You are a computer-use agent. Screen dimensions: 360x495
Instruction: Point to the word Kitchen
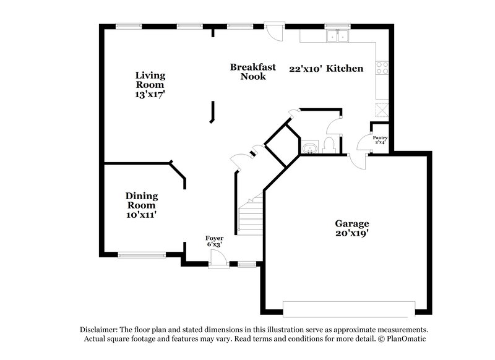(345, 69)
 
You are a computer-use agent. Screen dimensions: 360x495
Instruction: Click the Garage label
(352, 223)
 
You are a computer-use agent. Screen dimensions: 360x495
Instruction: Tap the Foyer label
(215, 238)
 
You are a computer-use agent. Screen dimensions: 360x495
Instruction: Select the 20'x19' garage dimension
(352, 233)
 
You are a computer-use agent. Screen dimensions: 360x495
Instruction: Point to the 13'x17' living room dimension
(150, 95)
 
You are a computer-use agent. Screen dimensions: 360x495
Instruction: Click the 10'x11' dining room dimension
(142, 215)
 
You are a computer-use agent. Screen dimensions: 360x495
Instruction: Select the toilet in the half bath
(329, 146)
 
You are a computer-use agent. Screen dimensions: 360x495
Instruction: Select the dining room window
(142, 254)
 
